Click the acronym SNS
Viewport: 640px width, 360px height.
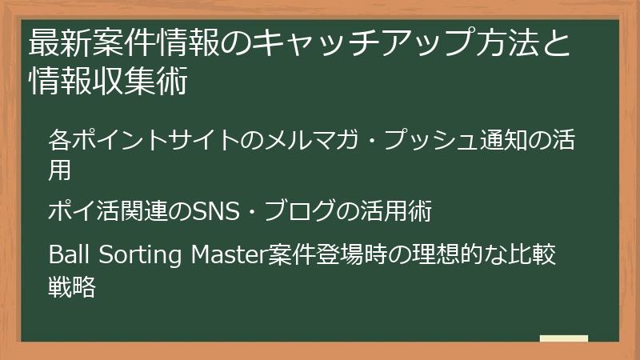[210, 212]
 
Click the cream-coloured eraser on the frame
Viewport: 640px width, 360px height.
[564, 338]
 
